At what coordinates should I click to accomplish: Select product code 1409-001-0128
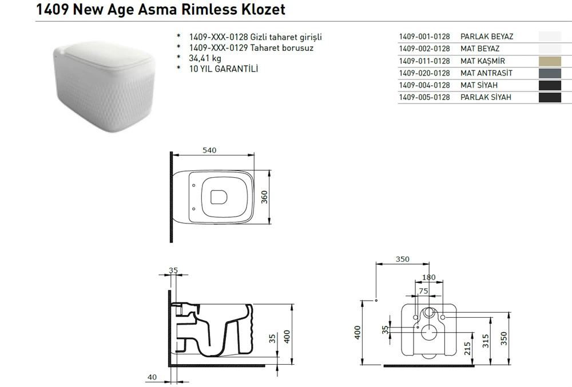(x=424, y=37)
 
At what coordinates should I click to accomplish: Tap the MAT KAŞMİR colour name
(x=483, y=61)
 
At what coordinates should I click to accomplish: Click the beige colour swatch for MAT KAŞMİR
(x=550, y=61)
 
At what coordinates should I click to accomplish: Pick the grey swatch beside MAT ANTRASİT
(x=550, y=73)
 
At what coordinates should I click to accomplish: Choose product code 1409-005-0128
(x=424, y=97)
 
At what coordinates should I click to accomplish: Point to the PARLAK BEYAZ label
(x=487, y=37)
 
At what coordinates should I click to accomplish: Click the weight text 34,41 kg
(x=205, y=58)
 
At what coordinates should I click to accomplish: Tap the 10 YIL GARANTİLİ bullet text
(x=223, y=69)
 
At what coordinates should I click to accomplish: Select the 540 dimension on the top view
(x=209, y=150)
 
